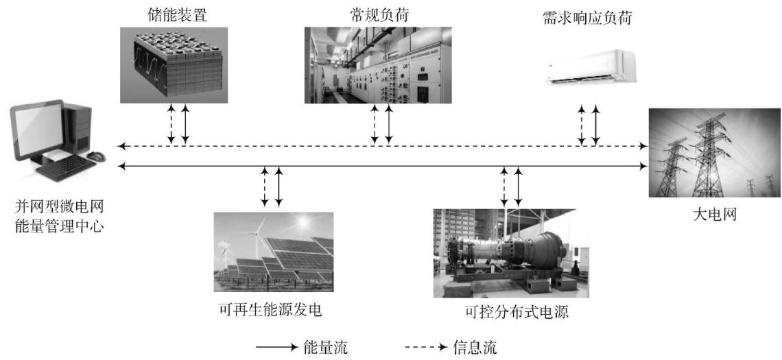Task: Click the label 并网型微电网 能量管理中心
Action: (59, 215)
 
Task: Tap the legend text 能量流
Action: (325, 346)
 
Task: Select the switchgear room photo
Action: (377, 65)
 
